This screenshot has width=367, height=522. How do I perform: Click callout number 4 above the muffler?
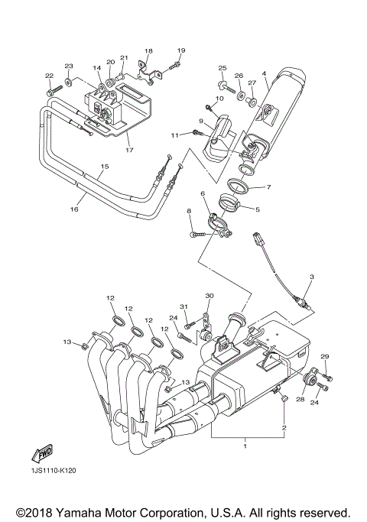tap(264, 74)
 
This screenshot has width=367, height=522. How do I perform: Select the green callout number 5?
tap(258, 209)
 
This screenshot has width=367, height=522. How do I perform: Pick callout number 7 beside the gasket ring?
tap(269, 187)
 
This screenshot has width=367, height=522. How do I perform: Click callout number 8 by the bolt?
tap(188, 210)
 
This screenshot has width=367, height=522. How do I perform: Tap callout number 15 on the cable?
tap(105, 166)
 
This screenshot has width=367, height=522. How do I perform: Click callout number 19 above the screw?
tap(180, 50)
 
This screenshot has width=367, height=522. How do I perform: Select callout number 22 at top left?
tap(49, 76)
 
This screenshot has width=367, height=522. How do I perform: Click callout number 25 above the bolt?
tap(222, 68)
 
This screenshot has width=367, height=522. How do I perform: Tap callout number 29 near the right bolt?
tap(324, 357)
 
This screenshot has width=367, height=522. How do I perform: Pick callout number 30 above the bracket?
tap(209, 296)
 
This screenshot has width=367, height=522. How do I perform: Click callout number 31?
tap(183, 306)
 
